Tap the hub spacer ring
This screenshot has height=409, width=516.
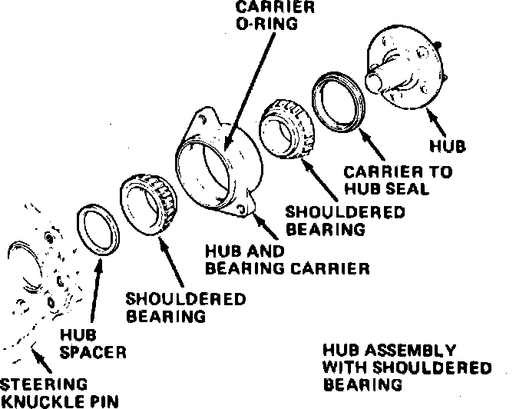click(x=98, y=228)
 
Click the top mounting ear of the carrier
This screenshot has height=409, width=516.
click(x=200, y=118)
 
